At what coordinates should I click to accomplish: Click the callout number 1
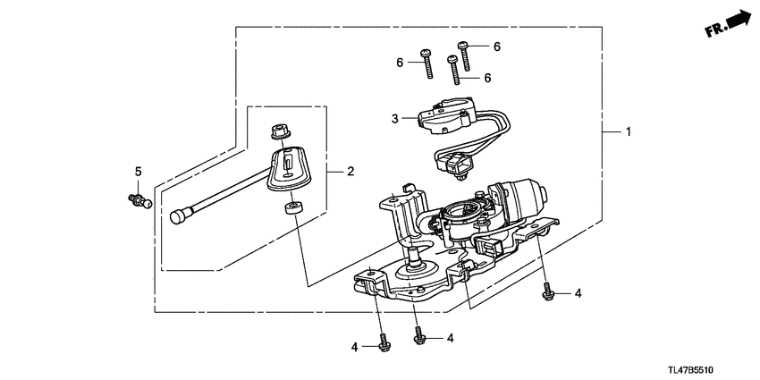(x=629, y=132)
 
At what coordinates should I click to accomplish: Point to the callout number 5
(x=139, y=171)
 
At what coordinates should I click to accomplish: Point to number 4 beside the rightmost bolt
(x=578, y=292)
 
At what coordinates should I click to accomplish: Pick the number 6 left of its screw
(x=401, y=61)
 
